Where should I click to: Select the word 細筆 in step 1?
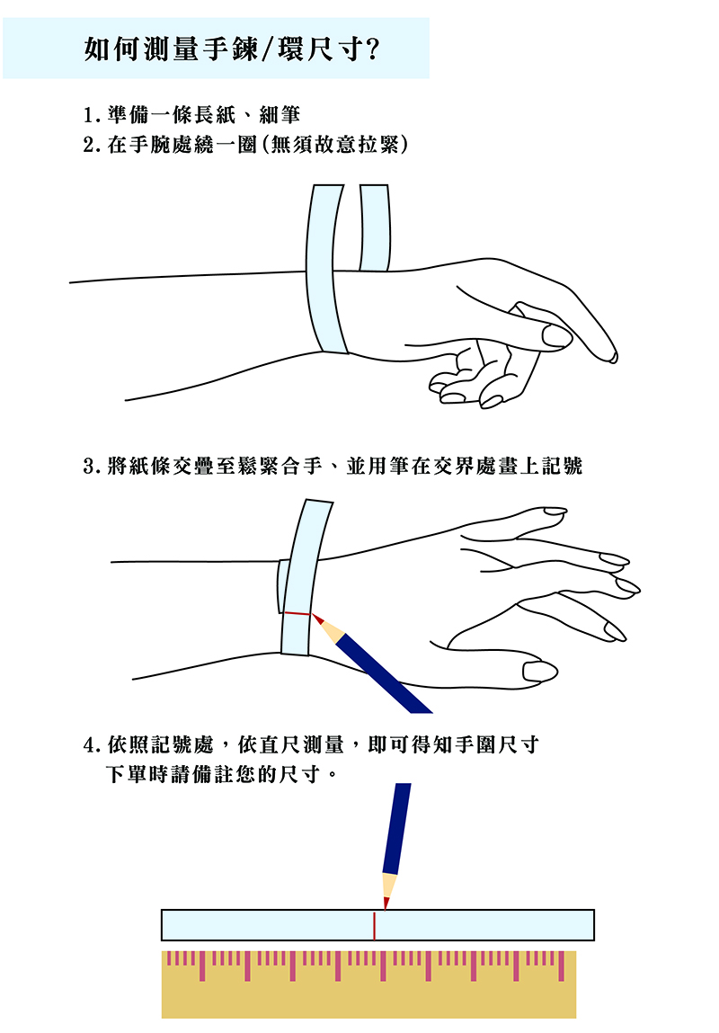pos(280,115)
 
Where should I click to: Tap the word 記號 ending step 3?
pos(563,467)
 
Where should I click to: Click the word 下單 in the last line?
pos(127,774)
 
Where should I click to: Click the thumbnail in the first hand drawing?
pos(557,336)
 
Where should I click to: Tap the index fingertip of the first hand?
pos(612,356)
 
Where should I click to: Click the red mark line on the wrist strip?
pos(297,614)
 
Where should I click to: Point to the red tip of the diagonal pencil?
pos(317,619)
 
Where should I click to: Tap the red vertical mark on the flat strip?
pos(374,926)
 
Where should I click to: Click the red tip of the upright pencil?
pos(386,903)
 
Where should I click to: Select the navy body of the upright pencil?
pos(397,828)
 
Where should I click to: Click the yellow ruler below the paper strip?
pos(368,984)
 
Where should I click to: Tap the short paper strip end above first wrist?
pos(375,228)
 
